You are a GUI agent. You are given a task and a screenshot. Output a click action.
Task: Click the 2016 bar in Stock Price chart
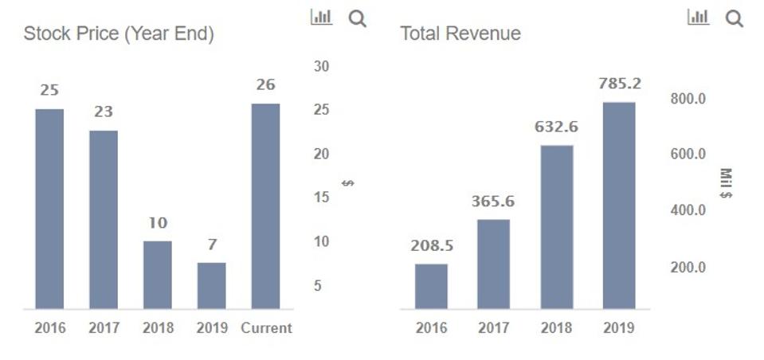pos(49,209)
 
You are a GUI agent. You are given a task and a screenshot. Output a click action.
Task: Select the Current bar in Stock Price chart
pos(265,205)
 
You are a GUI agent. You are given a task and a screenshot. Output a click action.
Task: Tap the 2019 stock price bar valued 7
pos(211,285)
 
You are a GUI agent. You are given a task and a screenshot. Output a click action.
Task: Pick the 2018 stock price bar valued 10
pos(157,274)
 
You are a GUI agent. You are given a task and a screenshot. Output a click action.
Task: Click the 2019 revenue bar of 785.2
pos(619,205)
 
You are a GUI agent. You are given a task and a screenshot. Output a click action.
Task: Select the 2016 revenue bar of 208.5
pos(431,286)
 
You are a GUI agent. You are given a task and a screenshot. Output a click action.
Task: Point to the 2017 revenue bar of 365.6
pos(493,264)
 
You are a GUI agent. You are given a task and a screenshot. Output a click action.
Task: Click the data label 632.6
pos(556,127)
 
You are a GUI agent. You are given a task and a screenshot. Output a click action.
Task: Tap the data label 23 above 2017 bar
pos(104,112)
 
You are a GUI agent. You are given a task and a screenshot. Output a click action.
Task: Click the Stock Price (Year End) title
pos(119,34)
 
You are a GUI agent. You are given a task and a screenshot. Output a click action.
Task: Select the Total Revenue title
pos(460,33)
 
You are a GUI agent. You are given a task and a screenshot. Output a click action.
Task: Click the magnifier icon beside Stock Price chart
pos(358,18)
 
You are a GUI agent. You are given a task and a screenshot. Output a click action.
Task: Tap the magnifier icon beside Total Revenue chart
pos(734,18)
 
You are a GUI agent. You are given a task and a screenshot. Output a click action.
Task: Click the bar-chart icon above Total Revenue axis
pos(698,17)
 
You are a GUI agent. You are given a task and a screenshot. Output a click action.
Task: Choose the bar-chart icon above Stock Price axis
pos(321,17)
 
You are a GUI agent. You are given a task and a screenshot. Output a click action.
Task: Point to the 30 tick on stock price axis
pos(321,66)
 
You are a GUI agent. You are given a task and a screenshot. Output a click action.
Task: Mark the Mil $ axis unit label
pos(726,182)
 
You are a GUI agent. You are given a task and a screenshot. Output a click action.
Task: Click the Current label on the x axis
pos(266,328)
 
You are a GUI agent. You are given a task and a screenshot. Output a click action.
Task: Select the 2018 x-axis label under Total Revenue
pos(556,328)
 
